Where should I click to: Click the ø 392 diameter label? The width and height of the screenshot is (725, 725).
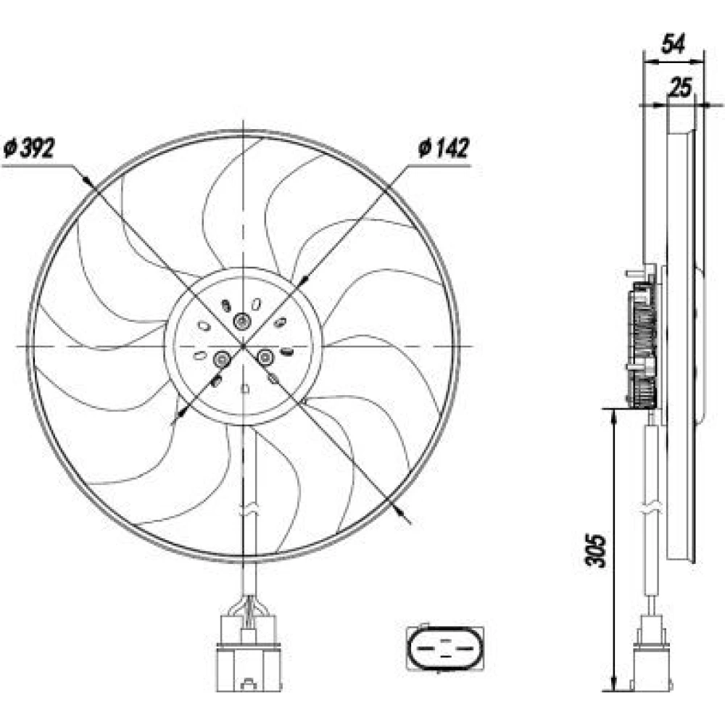(29, 149)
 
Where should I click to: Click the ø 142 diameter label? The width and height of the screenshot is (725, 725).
(443, 148)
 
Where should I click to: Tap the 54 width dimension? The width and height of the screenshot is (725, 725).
(674, 44)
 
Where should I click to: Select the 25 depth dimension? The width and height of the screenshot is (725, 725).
(681, 87)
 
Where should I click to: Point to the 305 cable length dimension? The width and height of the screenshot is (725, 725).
(595, 550)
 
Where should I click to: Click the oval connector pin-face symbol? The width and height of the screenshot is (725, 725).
(445, 647)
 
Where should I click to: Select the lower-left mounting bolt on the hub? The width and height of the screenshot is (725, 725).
(221, 358)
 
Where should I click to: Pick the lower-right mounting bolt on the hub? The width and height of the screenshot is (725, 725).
(265, 357)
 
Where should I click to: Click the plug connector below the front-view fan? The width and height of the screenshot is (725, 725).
(249, 653)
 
